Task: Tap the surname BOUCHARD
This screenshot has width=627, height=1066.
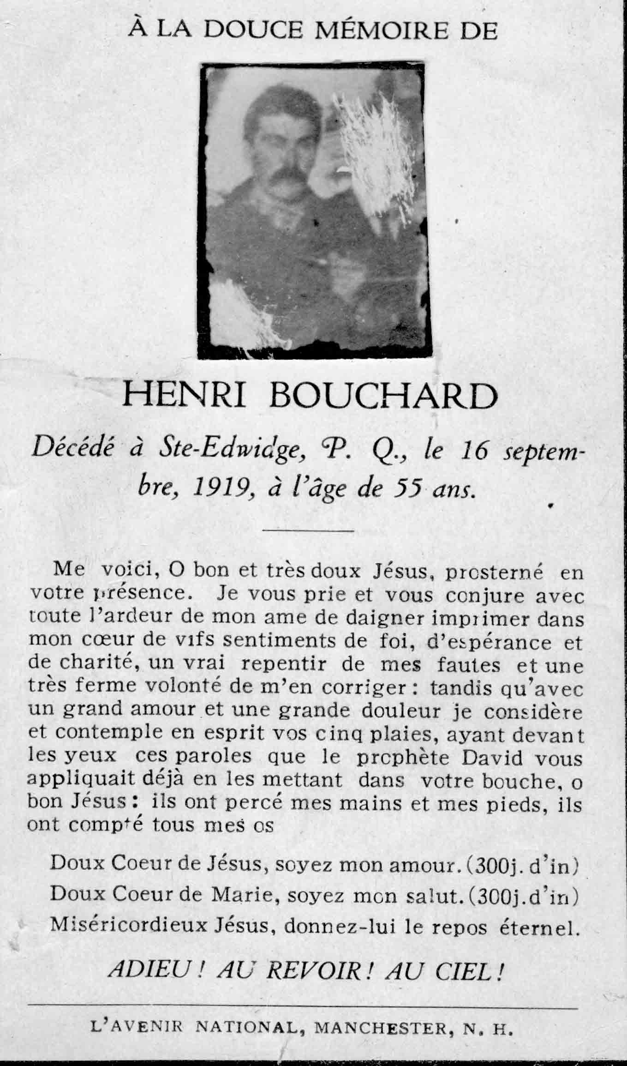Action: coord(383,397)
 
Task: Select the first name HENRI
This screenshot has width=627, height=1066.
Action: coord(184,397)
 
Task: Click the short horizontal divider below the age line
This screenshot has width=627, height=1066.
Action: coord(308,531)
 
